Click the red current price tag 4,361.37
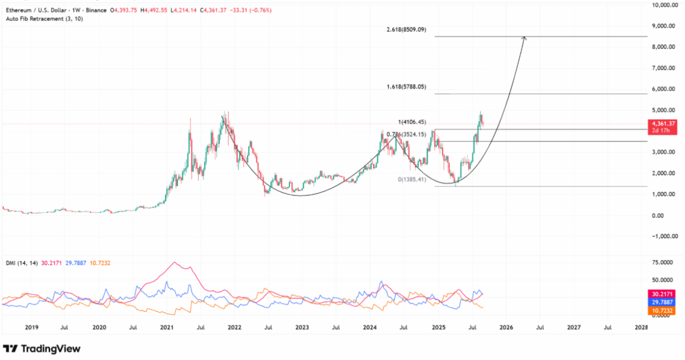click(x=664, y=123)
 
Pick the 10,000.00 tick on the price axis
click(x=664, y=5)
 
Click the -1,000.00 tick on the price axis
click(x=664, y=236)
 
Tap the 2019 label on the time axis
click(x=31, y=327)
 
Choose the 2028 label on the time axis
click(x=642, y=327)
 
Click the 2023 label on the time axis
click(x=302, y=327)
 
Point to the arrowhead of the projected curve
click(x=524, y=38)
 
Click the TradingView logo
click(x=42, y=349)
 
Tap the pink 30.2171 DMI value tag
click(x=664, y=293)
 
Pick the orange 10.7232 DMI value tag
click(x=664, y=311)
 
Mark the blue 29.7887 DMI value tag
click(x=664, y=302)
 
